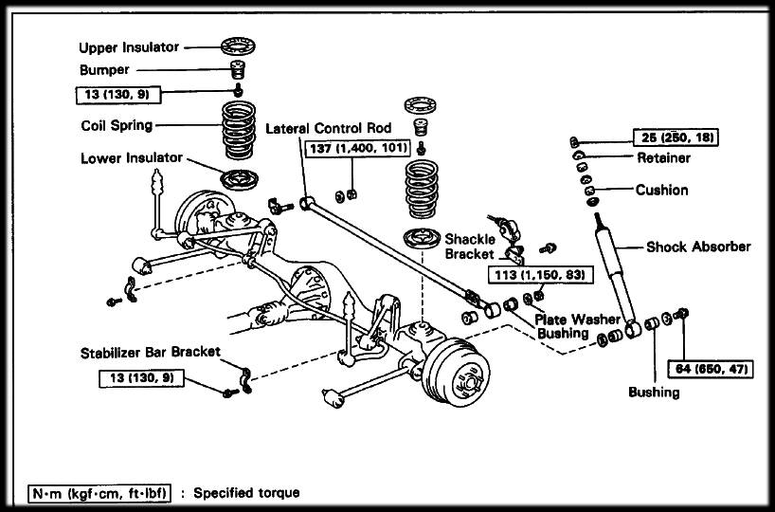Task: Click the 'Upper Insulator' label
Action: pyautogui.click(x=128, y=46)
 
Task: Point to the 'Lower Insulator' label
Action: pyautogui.click(x=131, y=158)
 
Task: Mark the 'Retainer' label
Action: pyautogui.click(x=663, y=157)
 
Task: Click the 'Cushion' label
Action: pyautogui.click(x=661, y=190)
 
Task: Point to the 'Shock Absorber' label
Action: pyautogui.click(x=697, y=247)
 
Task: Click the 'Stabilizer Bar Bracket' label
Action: pyautogui.click(x=150, y=352)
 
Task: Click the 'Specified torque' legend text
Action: pyautogui.click(x=246, y=493)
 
